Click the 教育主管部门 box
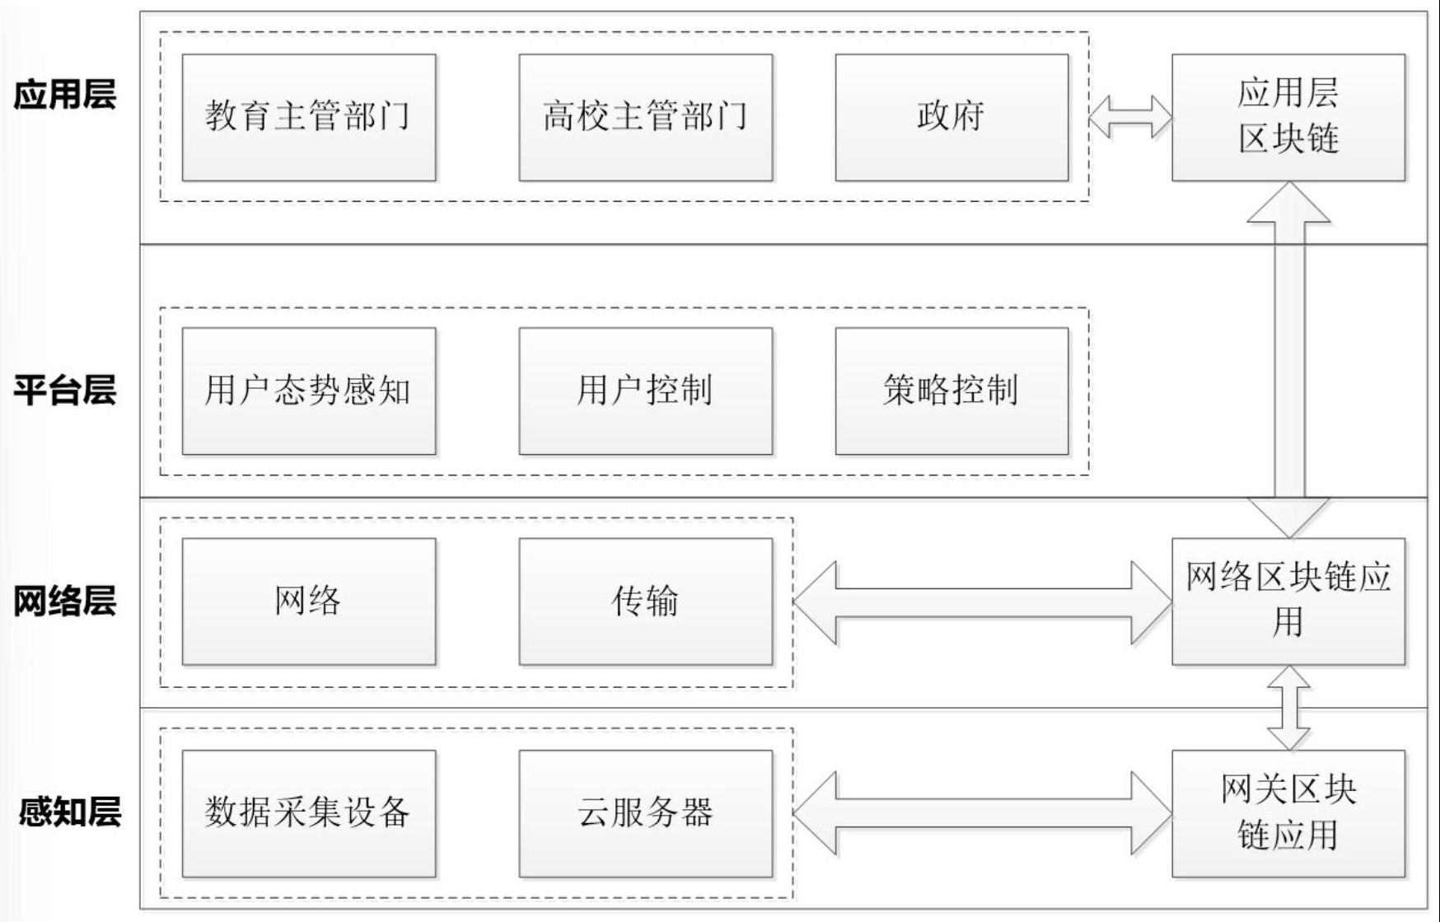pyautogui.click(x=308, y=117)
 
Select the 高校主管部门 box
pyautogui.click(x=645, y=117)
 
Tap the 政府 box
pyautogui.click(x=951, y=117)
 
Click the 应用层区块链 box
pyautogui.click(x=1288, y=117)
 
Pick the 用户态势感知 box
pyautogui.click(x=308, y=391)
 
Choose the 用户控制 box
pyautogui.click(x=645, y=391)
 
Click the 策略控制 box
pyautogui.click(x=951, y=391)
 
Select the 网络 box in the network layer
pyautogui.click(x=308, y=601)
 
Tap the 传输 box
pyautogui.click(x=645, y=601)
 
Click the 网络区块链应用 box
pyautogui.click(x=1288, y=601)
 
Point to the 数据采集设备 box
pyautogui.click(x=308, y=813)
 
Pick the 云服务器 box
pyautogui.click(x=645, y=813)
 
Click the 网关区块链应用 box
pyautogui.click(x=1288, y=813)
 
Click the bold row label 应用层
pyautogui.click(x=64, y=95)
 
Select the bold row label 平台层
pyautogui.click(x=64, y=390)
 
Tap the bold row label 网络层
pyautogui.click(x=64, y=601)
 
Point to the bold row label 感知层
pyautogui.click(x=69, y=812)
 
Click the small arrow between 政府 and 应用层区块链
pyautogui.click(x=1130, y=117)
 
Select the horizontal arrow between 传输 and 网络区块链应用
pyautogui.click(x=982, y=602)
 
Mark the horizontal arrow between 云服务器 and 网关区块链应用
pyautogui.click(x=982, y=813)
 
